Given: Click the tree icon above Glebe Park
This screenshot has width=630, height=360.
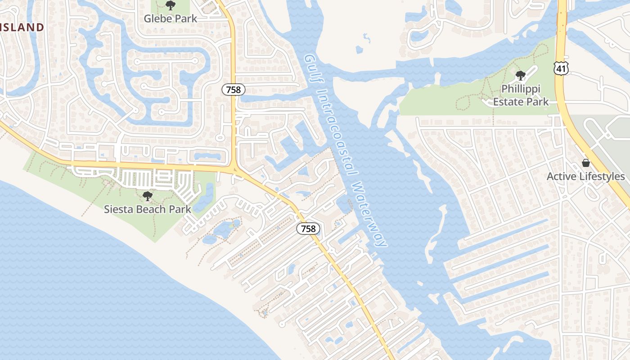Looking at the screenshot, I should (170, 6).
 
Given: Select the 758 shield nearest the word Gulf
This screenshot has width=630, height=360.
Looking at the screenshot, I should (234, 90).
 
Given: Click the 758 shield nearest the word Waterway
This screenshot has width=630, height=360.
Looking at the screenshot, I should (308, 229).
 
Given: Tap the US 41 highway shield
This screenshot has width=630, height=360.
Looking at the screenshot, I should (561, 68).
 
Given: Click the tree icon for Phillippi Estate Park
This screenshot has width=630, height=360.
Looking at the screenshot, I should (521, 76).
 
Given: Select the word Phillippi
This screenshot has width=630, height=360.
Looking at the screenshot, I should (521, 89).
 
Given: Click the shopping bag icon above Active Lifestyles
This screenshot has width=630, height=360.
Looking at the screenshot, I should (586, 163).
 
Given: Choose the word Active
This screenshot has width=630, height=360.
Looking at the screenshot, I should (561, 176).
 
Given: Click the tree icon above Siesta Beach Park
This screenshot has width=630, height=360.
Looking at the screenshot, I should (147, 196).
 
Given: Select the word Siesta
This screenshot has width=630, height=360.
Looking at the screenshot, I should (118, 209).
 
